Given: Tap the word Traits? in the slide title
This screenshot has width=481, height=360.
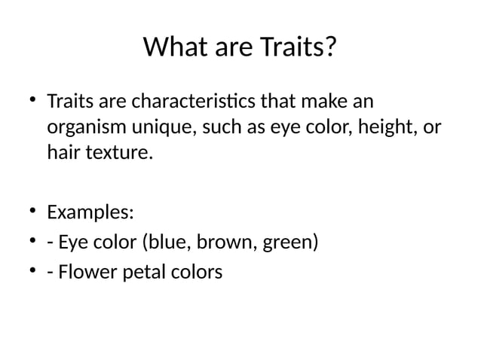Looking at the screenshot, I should [x=299, y=48].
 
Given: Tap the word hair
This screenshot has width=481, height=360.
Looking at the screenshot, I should [x=61, y=154].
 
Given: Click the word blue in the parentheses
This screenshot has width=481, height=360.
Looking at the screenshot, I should [x=163, y=242].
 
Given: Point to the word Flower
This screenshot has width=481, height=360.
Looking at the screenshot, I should [x=83, y=270].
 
